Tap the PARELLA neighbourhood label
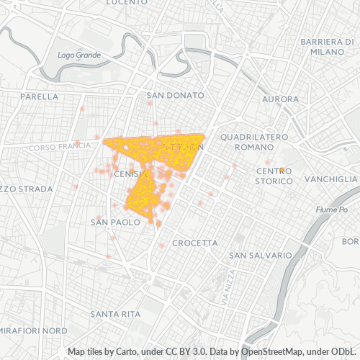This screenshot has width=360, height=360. (39, 96)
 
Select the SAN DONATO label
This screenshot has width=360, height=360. (175, 95)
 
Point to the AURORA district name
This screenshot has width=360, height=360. (280, 99)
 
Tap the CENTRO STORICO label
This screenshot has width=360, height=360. (274, 176)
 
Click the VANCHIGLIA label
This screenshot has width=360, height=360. (330, 179)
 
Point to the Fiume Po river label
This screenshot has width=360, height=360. (331, 210)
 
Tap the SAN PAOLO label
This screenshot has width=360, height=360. (114, 222)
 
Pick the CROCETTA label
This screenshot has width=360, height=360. (194, 243)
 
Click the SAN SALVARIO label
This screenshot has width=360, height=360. (260, 255)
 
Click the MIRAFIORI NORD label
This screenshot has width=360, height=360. (33, 330)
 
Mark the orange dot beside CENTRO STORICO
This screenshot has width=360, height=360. (282, 171)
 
